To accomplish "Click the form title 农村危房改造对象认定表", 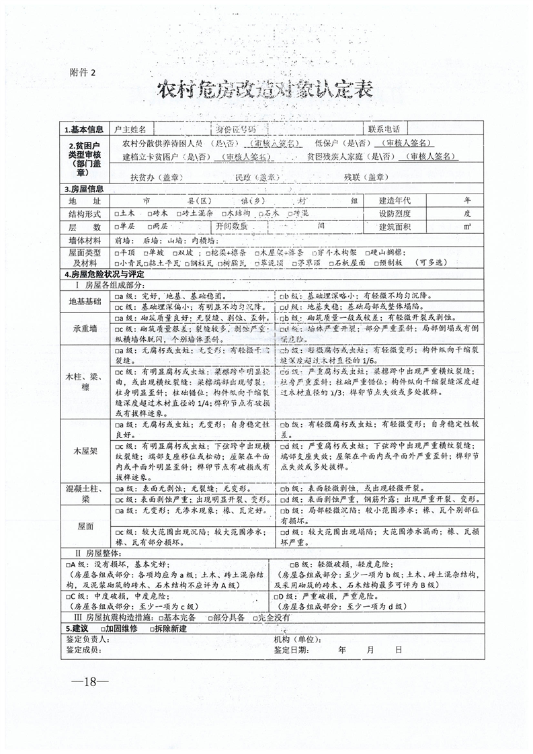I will (265, 91).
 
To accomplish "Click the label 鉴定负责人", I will (87, 639).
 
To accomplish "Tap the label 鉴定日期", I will (291, 650).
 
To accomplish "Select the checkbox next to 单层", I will (118, 226).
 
